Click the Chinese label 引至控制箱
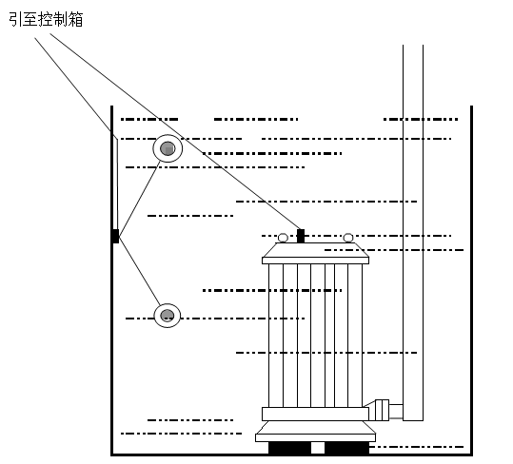point(46,19)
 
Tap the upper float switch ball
point(168,148)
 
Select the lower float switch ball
point(168,316)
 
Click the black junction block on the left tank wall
point(115,236)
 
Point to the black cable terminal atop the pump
point(301,235)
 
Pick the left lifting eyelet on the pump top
point(283,238)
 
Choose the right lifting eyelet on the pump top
point(348,238)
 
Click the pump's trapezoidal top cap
point(315,252)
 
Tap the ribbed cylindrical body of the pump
point(315,333)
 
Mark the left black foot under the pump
point(289,448)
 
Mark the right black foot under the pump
point(346,448)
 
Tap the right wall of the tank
point(471,285)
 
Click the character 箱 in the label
point(76,19)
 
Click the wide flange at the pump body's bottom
point(315,414)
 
